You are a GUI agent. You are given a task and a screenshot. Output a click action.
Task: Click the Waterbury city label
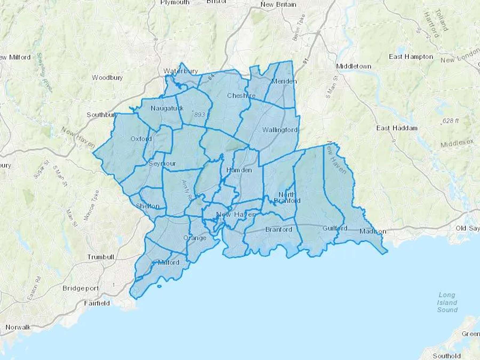pyautogui.click(x=181, y=71)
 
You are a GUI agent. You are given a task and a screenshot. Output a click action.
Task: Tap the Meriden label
pyautogui.click(x=284, y=81)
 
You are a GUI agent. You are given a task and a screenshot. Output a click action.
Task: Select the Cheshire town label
pyautogui.click(x=241, y=95)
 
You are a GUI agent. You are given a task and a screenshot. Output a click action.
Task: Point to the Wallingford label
pyautogui.click(x=280, y=130)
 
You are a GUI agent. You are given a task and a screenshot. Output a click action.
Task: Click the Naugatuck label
pyautogui.click(x=167, y=108)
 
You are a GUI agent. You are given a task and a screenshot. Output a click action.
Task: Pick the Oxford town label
pyautogui.click(x=141, y=139)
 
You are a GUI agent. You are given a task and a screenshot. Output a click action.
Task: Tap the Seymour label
pyautogui.click(x=162, y=163)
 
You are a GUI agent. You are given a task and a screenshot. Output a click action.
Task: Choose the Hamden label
pyautogui.click(x=239, y=170)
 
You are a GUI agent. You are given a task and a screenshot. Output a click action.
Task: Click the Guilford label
pyautogui.click(x=335, y=228)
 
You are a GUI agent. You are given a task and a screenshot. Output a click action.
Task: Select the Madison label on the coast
pyautogui.click(x=373, y=231)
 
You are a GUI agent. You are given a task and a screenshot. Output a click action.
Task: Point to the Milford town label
pyautogui.click(x=169, y=262)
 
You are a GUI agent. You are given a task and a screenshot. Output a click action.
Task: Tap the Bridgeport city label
pyautogui.click(x=81, y=288)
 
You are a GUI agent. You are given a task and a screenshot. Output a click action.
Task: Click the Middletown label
pyautogui.click(x=354, y=66)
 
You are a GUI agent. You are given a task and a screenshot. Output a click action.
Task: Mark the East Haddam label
pyautogui.click(x=397, y=128)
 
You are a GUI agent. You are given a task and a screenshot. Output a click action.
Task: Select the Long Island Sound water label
pyautogui.click(x=447, y=302)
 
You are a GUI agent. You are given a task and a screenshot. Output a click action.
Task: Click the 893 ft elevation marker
pyautogui.click(x=202, y=115)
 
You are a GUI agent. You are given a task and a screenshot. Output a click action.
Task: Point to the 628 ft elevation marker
pyautogui.click(x=450, y=121)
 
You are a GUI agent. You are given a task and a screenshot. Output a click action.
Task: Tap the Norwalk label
pyautogui.click(x=18, y=327)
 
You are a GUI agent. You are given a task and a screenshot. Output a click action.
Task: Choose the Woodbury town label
pyautogui.click(x=107, y=78)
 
